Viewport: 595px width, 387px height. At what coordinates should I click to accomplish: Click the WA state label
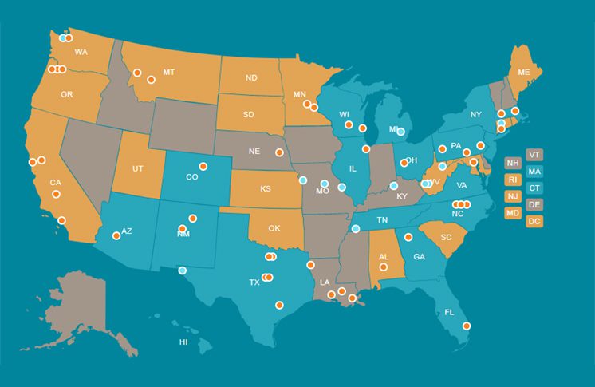[x=81, y=53]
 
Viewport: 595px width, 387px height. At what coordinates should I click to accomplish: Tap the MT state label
[x=168, y=72]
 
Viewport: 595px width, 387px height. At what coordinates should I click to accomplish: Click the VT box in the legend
[x=534, y=154]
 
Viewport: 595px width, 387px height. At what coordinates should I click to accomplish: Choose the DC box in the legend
[x=534, y=220]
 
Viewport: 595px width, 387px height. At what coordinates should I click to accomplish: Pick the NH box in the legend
[x=513, y=163]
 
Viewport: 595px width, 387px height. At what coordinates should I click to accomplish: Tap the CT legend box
[x=534, y=188]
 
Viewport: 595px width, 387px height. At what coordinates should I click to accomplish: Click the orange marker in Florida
[x=467, y=326]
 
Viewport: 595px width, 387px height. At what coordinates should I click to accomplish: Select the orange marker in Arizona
[x=116, y=235]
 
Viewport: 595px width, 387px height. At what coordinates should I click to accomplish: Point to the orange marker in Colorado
[x=203, y=166]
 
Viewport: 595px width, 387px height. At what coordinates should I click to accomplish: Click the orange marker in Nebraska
[x=279, y=152]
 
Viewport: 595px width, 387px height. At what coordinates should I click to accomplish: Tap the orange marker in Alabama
[x=384, y=267]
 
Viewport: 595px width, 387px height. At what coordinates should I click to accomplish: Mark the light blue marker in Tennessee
[x=356, y=229]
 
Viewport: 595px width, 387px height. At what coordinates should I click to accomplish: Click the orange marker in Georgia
[x=408, y=236]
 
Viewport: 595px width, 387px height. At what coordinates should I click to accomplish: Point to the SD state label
[x=249, y=114]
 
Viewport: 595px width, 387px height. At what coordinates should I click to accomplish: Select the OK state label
[x=274, y=228]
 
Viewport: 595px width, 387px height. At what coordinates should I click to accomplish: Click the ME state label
[x=524, y=72]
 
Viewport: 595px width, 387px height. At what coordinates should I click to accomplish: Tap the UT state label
[x=138, y=168]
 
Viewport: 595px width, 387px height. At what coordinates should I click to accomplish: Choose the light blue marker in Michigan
[x=401, y=132]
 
